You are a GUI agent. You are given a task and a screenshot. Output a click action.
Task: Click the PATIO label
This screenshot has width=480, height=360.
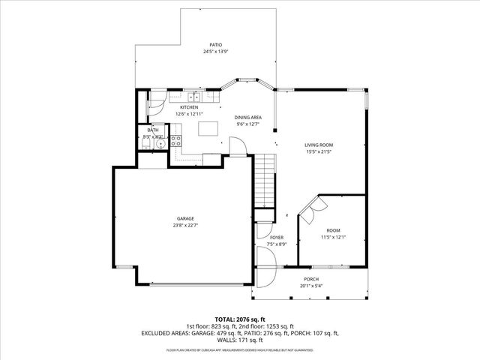(x=216, y=45)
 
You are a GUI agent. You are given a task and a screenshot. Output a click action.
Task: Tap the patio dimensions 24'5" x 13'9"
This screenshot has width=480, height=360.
(x=216, y=52)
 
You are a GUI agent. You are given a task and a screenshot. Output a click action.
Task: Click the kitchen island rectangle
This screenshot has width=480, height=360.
(x=208, y=128)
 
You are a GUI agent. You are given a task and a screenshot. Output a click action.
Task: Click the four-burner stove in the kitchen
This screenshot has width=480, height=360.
(x=177, y=143)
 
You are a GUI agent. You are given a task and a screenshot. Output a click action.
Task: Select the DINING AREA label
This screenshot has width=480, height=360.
(x=247, y=118)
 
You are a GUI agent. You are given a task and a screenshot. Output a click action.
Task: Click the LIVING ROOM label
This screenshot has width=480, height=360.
(x=319, y=145)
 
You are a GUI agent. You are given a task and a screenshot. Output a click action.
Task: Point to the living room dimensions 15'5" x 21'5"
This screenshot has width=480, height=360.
(x=319, y=152)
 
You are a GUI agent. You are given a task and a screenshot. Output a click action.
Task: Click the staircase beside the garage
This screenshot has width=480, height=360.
(x=266, y=181)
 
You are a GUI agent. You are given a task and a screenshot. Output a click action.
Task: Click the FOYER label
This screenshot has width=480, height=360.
(x=277, y=237)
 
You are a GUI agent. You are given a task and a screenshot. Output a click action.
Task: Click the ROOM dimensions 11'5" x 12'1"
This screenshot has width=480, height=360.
(x=333, y=237)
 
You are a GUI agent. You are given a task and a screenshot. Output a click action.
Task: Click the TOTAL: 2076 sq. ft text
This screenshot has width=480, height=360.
(x=239, y=319)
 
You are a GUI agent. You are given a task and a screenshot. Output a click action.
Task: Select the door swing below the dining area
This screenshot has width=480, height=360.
(x=238, y=148)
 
